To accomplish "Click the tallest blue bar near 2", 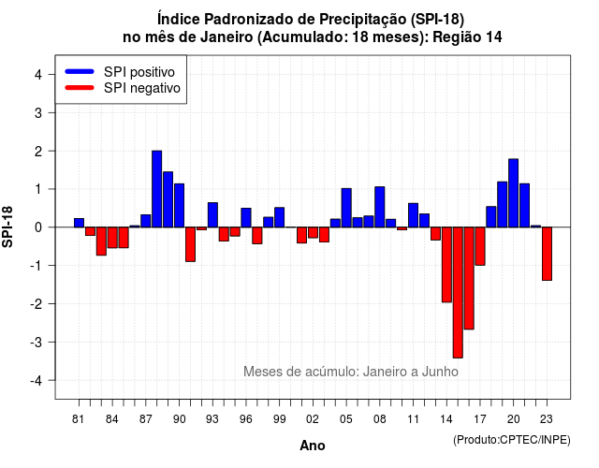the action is [x=156, y=189].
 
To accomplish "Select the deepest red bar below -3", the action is [x=458, y=292].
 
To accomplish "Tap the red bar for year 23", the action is [x=547, y=254].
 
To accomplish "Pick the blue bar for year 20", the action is [x=514, y=193].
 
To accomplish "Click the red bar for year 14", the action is [x=446, y=264].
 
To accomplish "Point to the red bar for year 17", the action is [x=480, y=246].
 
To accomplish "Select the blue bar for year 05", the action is [x=346, y=208].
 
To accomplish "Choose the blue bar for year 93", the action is [x=212, y=214].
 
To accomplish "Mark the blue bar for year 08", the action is [x=380, y=207].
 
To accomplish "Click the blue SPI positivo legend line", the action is [x=80, y=71].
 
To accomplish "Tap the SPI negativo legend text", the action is [x=142, y=88].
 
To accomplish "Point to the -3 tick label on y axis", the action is [x=37, y=342].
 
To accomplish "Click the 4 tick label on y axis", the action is [x=38, y=74].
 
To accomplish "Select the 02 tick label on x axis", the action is [x=312, y=419].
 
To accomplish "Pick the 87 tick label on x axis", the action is [x=146, y=419].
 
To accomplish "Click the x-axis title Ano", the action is [x=313, y=446].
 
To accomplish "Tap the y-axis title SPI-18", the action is [x=7, y=227].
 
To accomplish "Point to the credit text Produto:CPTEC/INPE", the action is [x=512, y=440].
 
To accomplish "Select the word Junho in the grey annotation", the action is [x=440, y=372].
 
